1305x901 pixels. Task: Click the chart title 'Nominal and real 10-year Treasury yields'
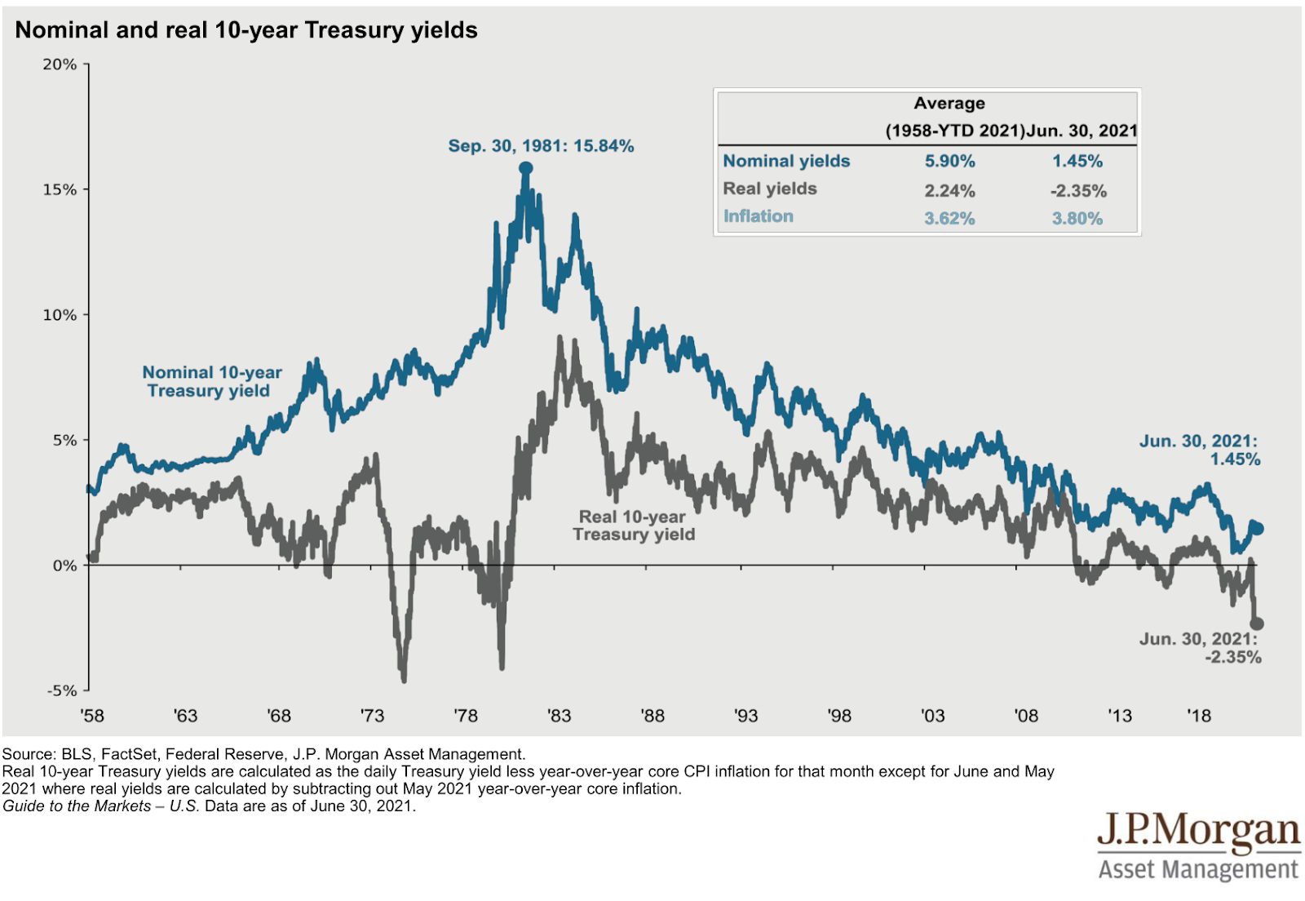pos(246,30)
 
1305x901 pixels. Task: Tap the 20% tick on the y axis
pos(60,64)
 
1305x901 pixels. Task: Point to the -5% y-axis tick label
pos(61,690)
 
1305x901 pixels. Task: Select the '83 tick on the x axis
pos(559,716)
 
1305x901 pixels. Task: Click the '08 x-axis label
pos(1026,716)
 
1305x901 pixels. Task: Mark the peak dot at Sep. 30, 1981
pos(526,169)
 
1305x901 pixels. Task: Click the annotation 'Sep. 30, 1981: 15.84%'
pos(541,146)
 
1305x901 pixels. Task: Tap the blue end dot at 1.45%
pos(1257,529)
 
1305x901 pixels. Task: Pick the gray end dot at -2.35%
pos(1257,624)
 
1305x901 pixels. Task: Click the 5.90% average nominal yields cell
pos(949,162)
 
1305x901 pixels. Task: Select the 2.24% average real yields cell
pos(949,191)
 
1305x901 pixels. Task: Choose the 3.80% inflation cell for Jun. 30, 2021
pos(1077,219)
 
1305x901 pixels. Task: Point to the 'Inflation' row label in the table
pos(758,216)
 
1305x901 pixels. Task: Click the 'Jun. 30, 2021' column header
pos(1082,131)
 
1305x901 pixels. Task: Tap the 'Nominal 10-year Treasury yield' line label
pos(211,382)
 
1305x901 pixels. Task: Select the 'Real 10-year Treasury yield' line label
pos(633,526)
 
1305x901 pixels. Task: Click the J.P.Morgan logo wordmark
pos(1198,831)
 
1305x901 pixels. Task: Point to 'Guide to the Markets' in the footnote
pos(77,806)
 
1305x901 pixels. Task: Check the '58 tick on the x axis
pos(92,716)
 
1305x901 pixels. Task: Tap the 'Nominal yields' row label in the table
pos(786,162)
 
